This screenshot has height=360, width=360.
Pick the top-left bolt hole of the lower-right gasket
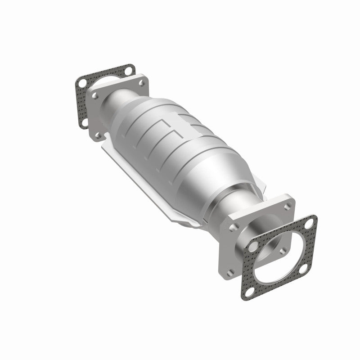click(253, 246)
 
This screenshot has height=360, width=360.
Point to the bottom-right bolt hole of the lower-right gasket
click(304, 269)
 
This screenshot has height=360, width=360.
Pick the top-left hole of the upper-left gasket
click(81, 84)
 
